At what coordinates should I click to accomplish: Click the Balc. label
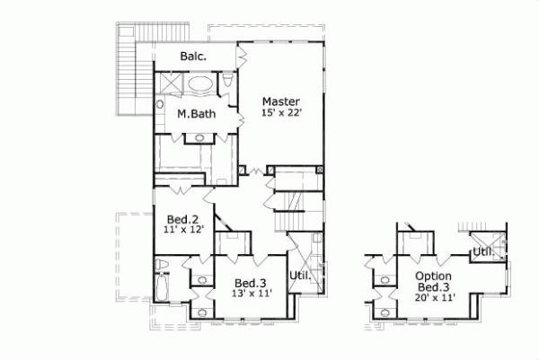click(x=193, y=57)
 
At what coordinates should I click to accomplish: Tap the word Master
click(x=280, y=101)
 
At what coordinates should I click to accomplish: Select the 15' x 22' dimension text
click(x=280, y=113)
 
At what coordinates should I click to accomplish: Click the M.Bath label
click(x=193, y=115)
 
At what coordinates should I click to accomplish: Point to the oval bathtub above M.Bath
click(x=199, y=86)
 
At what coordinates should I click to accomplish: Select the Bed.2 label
click(x=182, y=218)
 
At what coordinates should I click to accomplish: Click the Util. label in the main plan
click(x=300, y=276)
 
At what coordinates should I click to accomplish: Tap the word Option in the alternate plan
click(x=433, y=276)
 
